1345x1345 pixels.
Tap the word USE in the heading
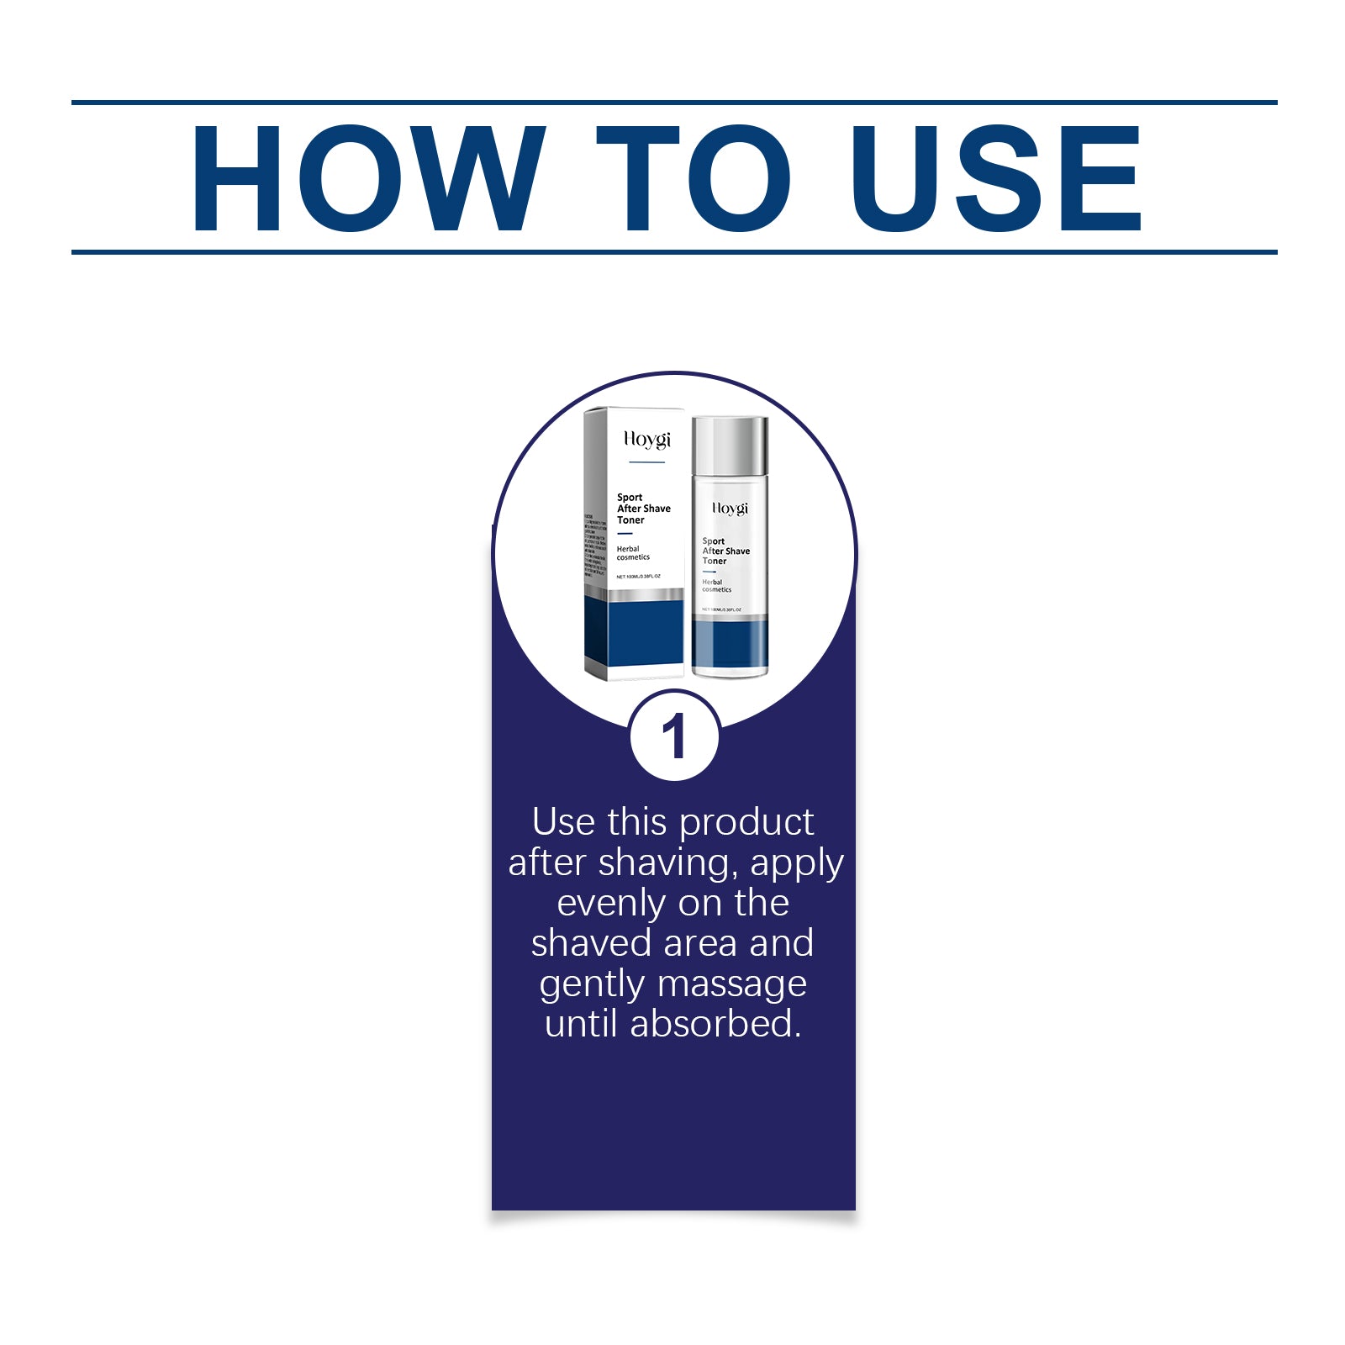(x=995, y=178)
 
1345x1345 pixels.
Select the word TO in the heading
(x=693, y=178)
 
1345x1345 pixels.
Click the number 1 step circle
(x=674, y=736)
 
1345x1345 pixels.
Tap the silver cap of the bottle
(x=730, y=446)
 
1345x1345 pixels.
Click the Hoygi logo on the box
(x=646, y=440)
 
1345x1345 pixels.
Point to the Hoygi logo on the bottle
(x=730, y=509)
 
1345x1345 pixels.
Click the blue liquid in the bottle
(x=730, y=644)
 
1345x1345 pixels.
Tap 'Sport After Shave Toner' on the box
(x=643, y=509)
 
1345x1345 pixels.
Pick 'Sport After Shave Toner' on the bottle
(x=725, y=551)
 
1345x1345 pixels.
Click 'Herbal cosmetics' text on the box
(x=632, y=553)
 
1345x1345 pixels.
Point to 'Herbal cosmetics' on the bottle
(x=716, y=586)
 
